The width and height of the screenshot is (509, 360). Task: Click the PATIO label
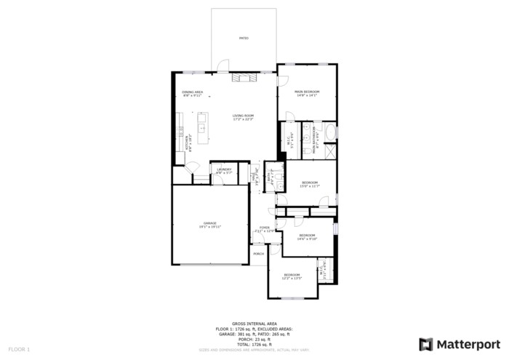click(244, 38)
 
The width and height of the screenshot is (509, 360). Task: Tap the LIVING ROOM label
click(243, 117)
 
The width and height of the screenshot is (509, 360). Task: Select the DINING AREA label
click(192, 93)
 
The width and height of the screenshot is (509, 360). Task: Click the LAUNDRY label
click(224, 171)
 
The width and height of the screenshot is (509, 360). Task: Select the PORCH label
click(258, 254)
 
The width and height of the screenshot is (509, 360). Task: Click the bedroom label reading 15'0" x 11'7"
click(310, 184)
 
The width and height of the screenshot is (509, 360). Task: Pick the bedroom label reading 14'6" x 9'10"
click(307, 236)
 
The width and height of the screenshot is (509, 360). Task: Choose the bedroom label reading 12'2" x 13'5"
click(292, 276)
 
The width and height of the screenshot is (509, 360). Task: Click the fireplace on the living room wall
click(244, 77)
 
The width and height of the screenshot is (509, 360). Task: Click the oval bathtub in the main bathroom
click(330, 133)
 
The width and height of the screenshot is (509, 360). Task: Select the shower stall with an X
click(330, 151)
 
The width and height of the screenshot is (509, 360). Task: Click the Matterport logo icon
click(426, 344)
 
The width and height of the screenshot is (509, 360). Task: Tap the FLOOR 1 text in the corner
click(19, 350)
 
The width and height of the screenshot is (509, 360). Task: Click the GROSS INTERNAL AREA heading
click(254, 323)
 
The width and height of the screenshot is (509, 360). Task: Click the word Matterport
click(468, 344)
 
